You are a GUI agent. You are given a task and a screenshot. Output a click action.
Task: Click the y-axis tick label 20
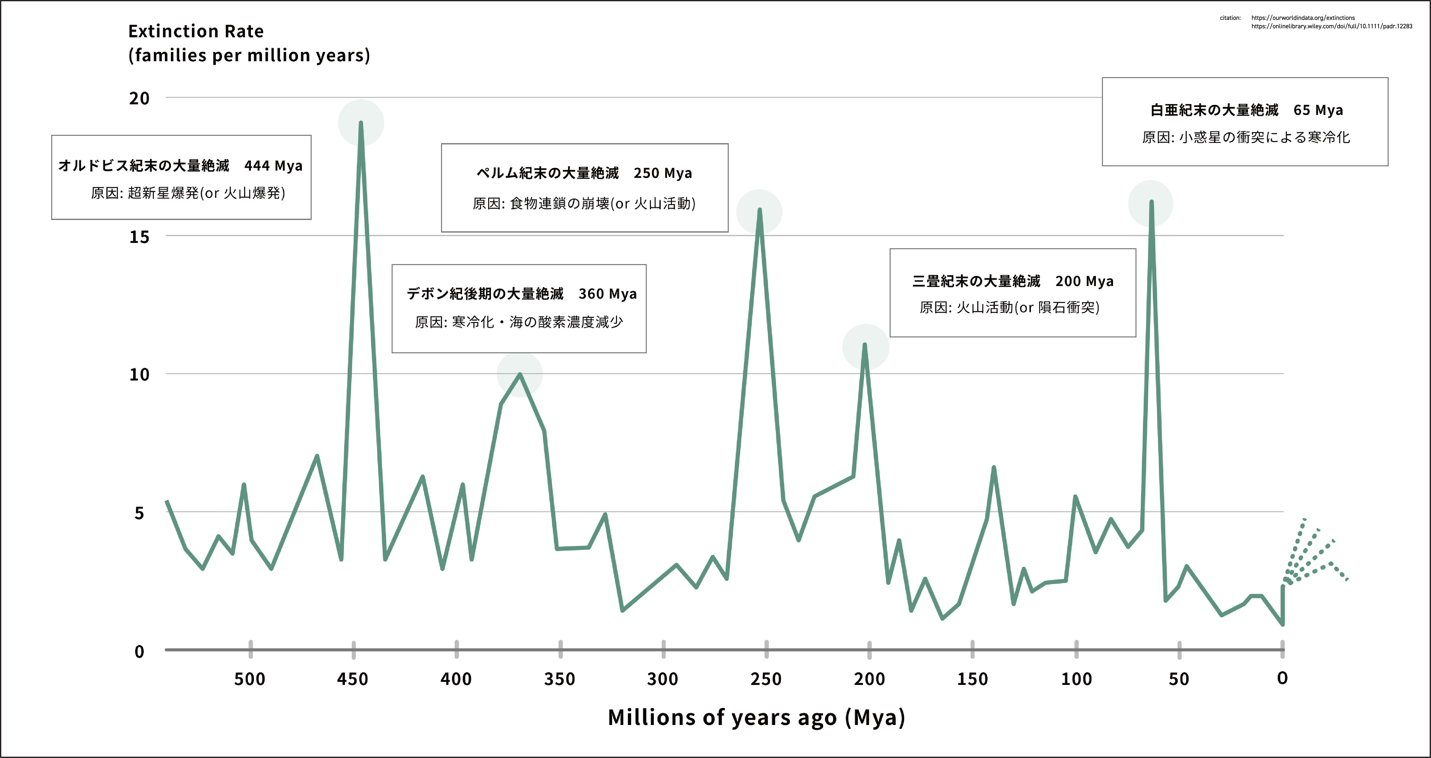point(139,98)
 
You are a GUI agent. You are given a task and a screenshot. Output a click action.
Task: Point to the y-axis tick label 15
point(139,237)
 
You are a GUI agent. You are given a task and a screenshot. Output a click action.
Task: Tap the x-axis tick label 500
point(249,679)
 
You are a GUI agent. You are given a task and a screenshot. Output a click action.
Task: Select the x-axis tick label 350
point(559,679)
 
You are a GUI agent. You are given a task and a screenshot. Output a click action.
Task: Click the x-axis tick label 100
point(1076,679)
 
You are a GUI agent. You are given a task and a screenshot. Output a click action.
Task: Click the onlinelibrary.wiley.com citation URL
point(1332,26)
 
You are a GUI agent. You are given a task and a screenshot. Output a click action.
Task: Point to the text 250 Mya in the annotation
point(663,173)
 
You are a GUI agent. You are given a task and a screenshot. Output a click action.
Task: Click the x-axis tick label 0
point(1282,678)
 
